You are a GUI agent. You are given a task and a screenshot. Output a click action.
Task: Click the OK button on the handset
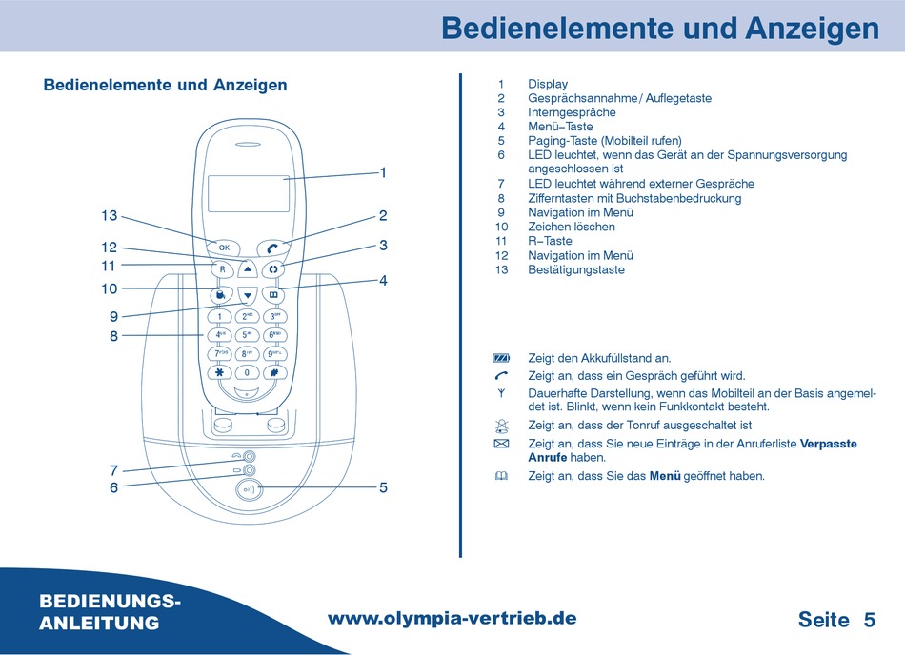point(224,248)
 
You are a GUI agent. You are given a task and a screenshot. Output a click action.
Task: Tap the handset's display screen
point(248,194)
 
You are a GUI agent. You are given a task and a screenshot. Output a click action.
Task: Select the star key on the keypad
point(220,372)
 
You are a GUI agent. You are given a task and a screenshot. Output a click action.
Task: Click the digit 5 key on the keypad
point(247,335)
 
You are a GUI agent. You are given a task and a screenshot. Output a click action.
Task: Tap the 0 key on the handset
point(247,372)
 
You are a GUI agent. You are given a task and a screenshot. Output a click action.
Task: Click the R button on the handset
point(222,269)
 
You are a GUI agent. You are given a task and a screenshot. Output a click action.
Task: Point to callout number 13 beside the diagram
point(109,216)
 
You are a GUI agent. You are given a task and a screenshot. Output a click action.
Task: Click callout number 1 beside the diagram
point(383,172)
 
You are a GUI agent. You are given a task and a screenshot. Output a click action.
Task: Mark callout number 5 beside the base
point(383,487)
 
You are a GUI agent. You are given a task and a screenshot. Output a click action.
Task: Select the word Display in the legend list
point(548,84)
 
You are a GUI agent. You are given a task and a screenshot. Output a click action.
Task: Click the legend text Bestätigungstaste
point(576,269)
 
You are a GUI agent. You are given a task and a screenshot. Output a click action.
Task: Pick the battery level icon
point(502,358)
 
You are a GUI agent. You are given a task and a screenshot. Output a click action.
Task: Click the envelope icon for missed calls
point(502,445)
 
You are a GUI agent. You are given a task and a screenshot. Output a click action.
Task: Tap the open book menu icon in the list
point(502,476)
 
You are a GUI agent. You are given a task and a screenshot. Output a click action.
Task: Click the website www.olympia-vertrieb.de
point(452,618)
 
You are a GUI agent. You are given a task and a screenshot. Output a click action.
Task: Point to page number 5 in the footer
point(869,620)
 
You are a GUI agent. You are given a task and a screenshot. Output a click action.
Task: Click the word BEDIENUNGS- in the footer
point(111,602)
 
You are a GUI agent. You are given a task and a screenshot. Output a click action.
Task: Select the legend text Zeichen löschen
point(572,227)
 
